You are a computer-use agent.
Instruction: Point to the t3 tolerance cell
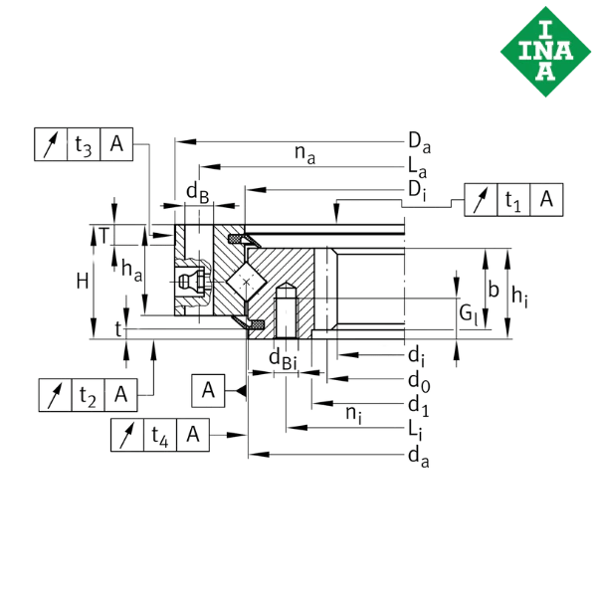(x=84, y=145)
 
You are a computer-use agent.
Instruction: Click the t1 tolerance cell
(x=513, y=200)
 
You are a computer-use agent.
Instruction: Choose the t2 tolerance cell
(x=88, y=395)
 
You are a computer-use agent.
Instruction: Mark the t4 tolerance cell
(x=159, y=434)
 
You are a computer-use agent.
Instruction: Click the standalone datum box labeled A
(x=208, y=390)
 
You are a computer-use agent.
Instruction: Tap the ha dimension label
(x=129, y=267)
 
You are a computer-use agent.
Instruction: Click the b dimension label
(x=494, y=290)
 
